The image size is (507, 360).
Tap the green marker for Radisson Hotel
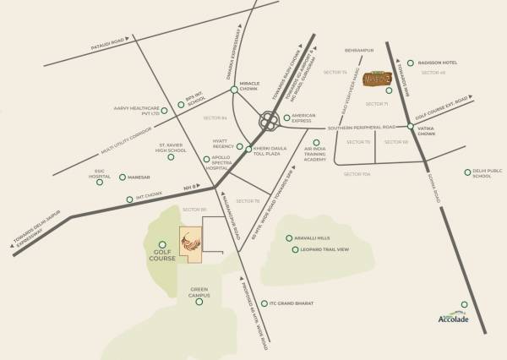[x=410, y=63]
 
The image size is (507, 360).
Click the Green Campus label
[x=199, y=292]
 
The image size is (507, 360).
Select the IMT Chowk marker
[x=128, y=198]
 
